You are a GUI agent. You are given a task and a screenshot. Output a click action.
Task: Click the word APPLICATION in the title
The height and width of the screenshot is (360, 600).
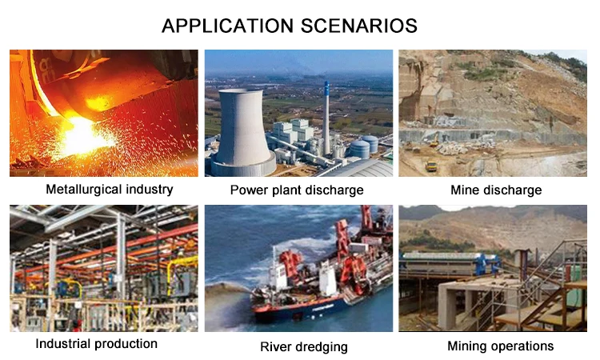point(227,26)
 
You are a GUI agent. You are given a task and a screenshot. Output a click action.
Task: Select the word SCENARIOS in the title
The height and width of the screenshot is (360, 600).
point(359,26)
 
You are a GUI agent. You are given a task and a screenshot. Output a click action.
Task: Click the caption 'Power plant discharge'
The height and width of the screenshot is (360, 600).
point(297,190)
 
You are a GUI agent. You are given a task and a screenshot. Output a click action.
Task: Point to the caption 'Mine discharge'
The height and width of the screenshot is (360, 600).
point(496,190)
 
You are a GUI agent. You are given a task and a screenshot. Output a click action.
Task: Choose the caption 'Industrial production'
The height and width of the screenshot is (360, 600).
point(97,343)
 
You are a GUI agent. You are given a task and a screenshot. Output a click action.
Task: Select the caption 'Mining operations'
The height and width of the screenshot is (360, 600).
point(500,346)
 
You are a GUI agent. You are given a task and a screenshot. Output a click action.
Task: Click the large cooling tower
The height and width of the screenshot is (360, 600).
point(242,132)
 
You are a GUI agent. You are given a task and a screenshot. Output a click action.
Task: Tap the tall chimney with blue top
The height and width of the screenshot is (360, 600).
point(326,118)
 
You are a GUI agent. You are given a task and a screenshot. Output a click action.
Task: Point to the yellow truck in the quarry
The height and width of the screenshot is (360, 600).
point(431,166)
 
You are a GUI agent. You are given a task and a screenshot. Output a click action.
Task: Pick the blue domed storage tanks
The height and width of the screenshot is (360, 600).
point(364,146)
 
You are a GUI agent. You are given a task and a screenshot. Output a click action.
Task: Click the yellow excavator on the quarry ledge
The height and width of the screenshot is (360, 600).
point(434,141)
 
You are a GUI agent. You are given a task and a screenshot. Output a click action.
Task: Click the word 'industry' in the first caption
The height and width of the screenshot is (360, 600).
point(150,190)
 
